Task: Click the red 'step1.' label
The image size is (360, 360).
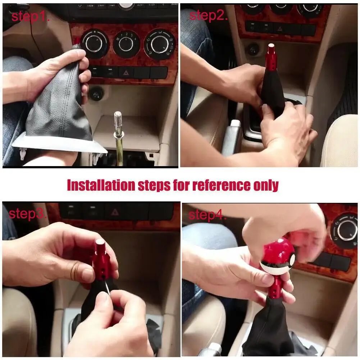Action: tap(30, 17)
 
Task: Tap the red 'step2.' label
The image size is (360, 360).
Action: tap(209, 15)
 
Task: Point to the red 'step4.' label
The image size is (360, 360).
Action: tap(207, 215)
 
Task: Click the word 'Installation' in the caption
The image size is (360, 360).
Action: tap(101, 185)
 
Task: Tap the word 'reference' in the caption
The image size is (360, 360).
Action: tap(222, 185)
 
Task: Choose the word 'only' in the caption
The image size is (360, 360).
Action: tap(266, 186)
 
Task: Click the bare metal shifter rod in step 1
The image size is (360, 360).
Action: tap(119, 138)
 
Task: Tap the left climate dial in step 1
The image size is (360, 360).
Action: tap(94, 44)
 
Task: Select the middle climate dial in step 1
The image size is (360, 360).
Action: tap(126, 44)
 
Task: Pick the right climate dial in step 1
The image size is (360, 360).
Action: tap(159, 44)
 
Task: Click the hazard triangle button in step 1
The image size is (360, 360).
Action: tap(126, 73)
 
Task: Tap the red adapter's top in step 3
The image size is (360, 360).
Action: tap(100, 242)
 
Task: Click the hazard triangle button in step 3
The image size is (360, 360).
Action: tap(115, 213)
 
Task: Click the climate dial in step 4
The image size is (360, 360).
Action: tap(344, 231)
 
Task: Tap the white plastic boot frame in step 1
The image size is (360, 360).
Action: tap(59, 143)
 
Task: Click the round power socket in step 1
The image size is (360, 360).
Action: tap(96, 93)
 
